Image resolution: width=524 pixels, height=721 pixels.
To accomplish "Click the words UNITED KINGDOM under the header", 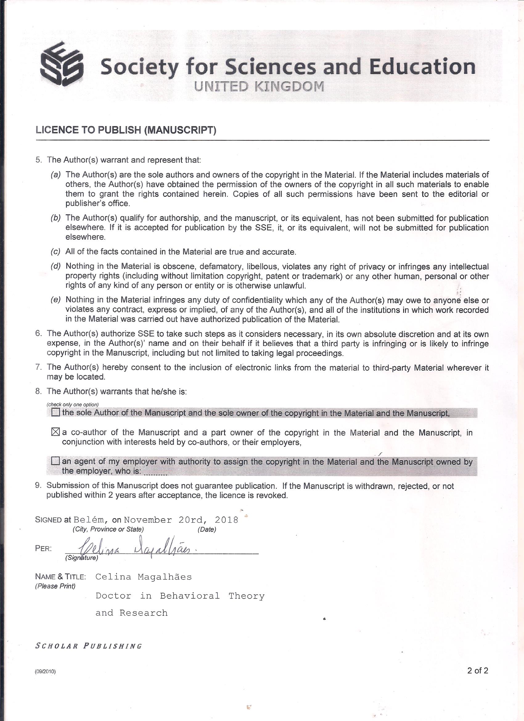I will [260, 86].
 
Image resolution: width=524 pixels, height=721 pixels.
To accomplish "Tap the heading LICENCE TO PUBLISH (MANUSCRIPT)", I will [126, 130].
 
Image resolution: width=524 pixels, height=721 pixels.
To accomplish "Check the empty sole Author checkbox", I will [55, 413].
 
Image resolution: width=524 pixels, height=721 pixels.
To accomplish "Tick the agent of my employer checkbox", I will [55, 461].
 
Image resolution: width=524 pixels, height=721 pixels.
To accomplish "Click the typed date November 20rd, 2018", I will [181, 520].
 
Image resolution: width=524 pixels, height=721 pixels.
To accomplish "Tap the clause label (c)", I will [55, 252].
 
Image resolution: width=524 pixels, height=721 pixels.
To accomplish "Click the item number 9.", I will [39, 486].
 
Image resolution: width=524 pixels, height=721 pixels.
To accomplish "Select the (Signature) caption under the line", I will [82, 558].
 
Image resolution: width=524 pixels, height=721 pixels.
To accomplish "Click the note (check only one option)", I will [73, 404].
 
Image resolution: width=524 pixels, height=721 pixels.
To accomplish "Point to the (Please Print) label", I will [55, 586].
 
